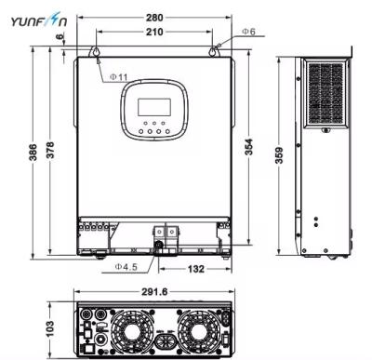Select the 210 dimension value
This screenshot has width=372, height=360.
point(155,33)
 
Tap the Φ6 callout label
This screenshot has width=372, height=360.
point(248,32)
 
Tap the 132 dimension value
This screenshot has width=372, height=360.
point(191,268)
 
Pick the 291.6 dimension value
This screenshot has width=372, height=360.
point(155,291)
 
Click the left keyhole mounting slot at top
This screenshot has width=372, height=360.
point(96,51)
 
